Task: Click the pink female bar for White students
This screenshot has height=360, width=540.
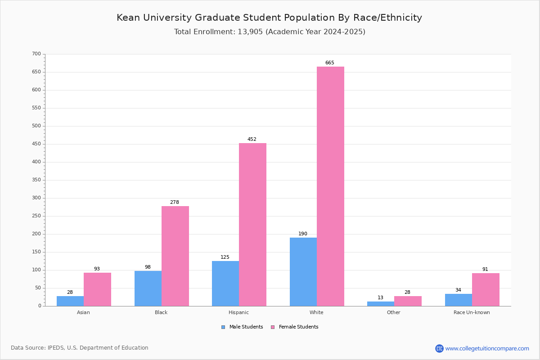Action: (330, 186)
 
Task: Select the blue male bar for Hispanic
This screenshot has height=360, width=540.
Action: (225, 283)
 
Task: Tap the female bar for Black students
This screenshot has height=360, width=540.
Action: (175, 256)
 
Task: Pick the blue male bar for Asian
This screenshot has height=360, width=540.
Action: (70, 301)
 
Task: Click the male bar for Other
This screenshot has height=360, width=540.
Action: (381, 304)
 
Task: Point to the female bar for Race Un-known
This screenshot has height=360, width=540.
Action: (486, 289)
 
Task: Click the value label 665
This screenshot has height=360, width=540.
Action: (330, 63)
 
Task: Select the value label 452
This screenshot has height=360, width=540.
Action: (252, 139)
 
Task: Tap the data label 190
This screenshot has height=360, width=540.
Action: (303, 234)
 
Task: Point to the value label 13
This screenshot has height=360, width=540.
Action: (381, 298)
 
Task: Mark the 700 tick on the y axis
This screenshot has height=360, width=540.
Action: (36, 54)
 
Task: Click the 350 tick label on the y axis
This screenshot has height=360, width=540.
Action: (36, 180)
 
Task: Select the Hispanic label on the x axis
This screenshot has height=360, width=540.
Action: (238, 312)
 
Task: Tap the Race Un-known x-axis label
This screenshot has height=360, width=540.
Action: (472, 312)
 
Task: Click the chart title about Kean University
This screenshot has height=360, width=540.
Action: (269, 18)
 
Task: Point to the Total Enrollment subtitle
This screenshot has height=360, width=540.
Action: (270, 32)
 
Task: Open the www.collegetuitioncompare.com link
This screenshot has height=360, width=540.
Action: (487, 348)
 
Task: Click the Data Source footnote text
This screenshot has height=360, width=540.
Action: (80, 348)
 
